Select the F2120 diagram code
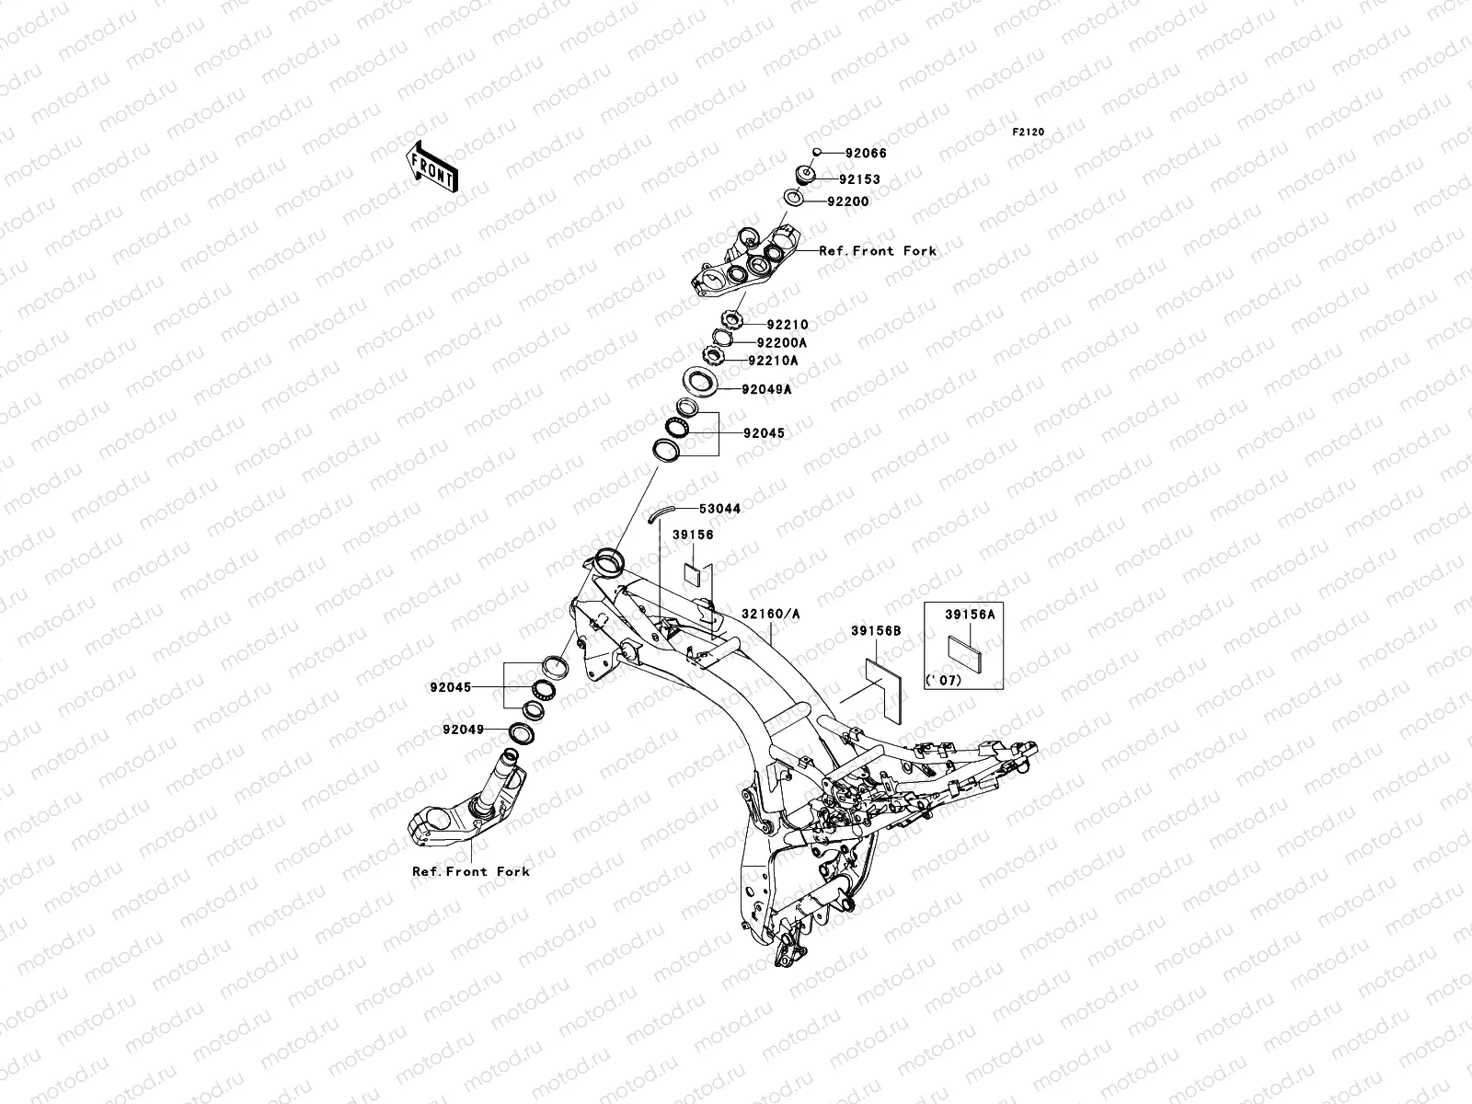point(1029,132)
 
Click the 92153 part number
point(859,179)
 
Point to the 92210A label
point(773,361)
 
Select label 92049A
point(766,389)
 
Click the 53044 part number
point(719,508)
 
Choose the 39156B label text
point(875,631)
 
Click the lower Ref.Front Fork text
point(471,871)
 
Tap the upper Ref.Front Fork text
point(878,250)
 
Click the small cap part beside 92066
point(816,153)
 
